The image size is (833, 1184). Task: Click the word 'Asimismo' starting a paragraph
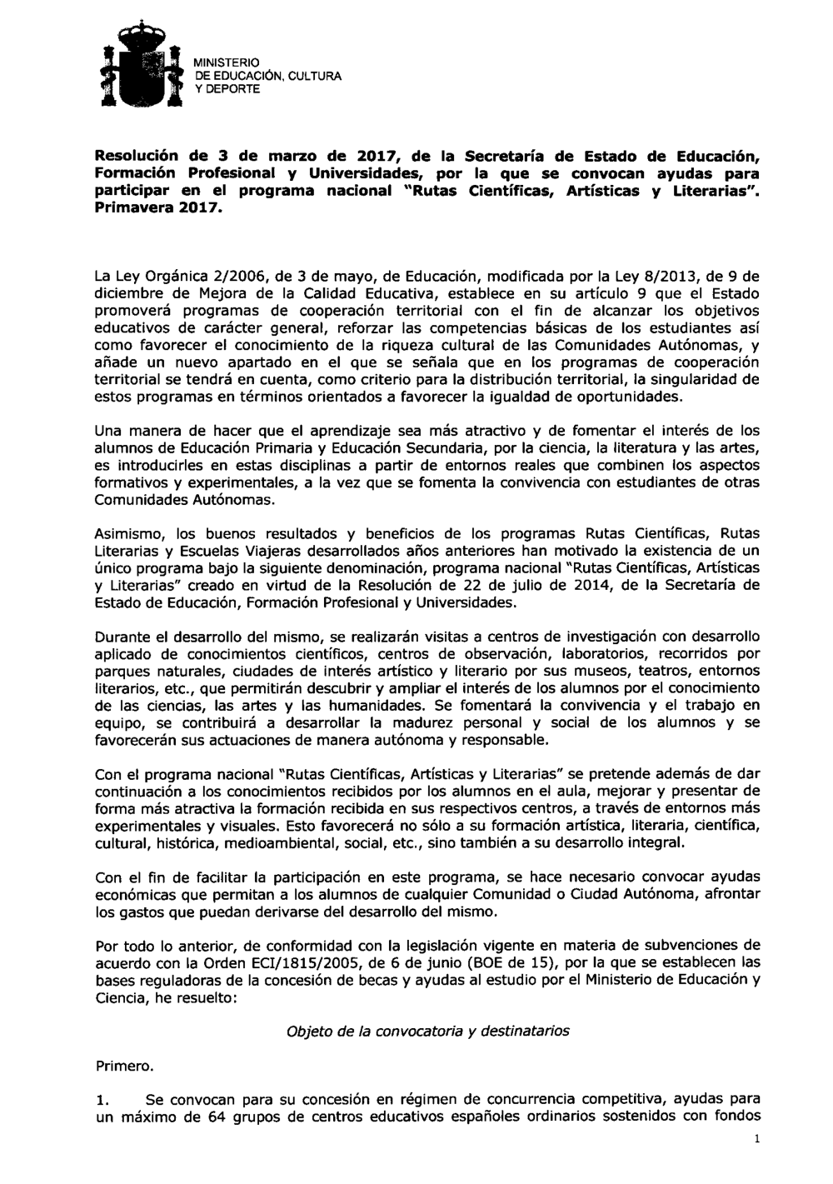click(126, 533)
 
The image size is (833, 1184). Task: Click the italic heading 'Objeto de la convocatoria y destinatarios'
click(428, 1031)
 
